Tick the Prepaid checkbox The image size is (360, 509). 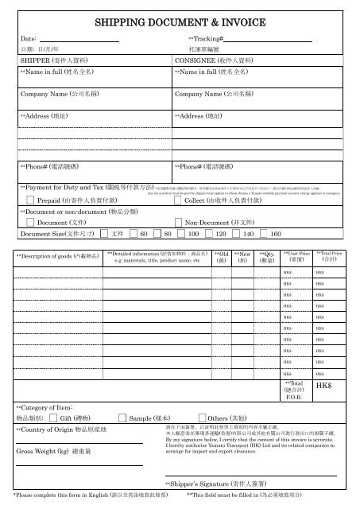coord(30,201)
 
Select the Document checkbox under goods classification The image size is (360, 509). coord(30,223)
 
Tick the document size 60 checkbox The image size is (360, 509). coord(134,235)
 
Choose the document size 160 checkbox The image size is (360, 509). coord(265,235)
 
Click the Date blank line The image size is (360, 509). coord(79,39)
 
